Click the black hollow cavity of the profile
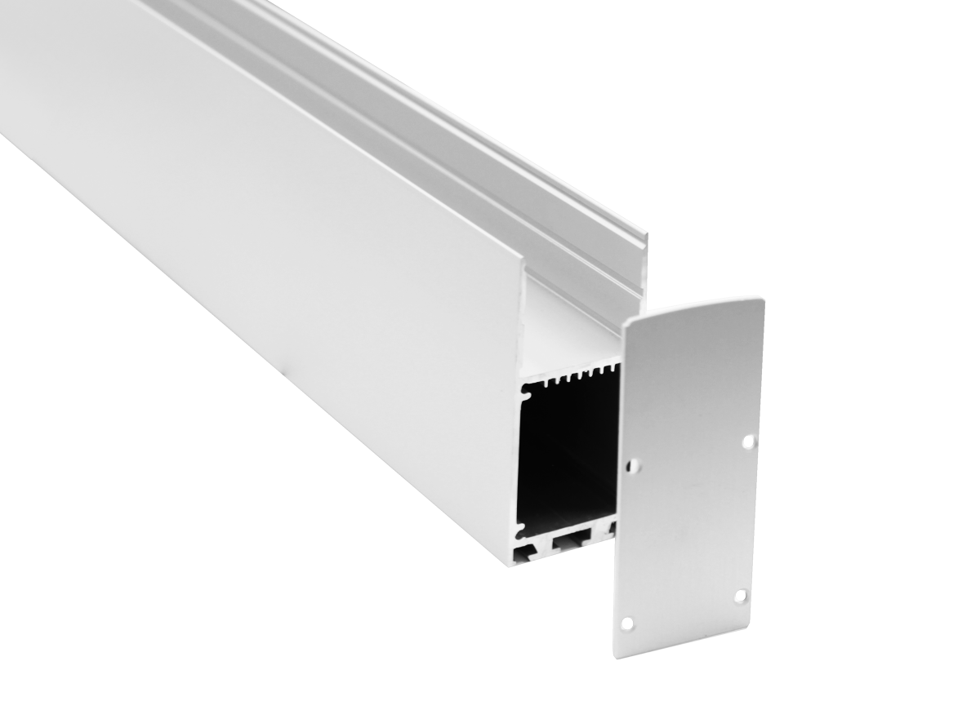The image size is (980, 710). (563, 457)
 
